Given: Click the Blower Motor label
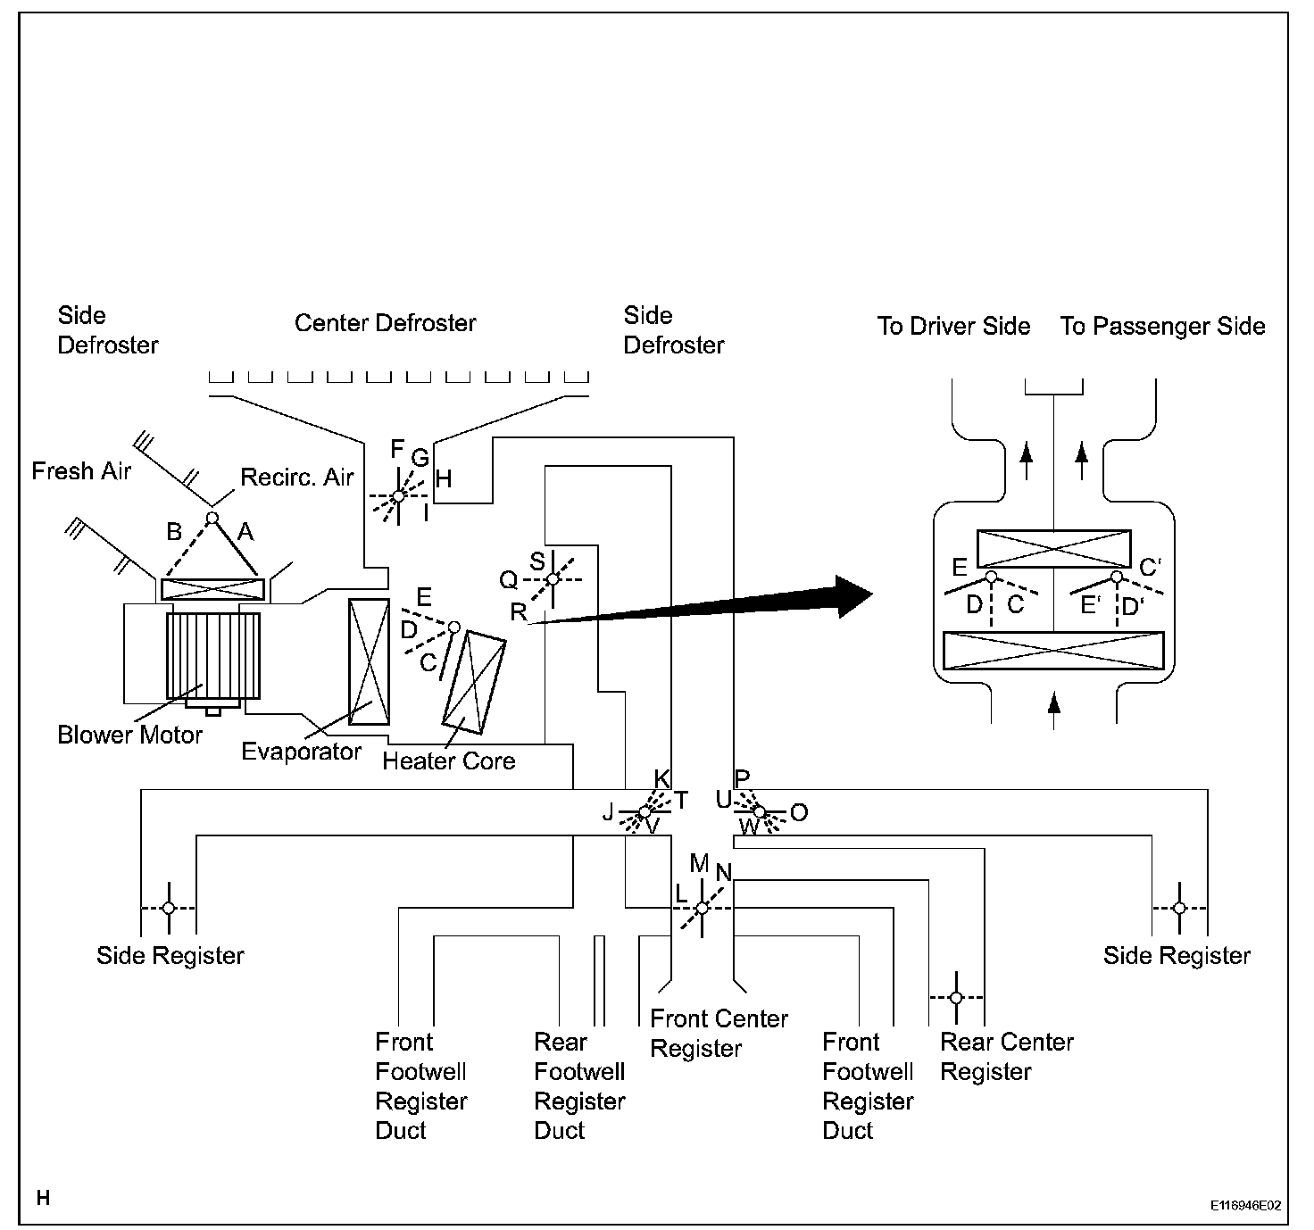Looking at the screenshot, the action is tap(129, 736).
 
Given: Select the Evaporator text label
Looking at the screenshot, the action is tap(301, 752).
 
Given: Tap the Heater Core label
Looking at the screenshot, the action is tap(449, 760).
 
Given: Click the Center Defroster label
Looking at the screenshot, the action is tap(385, 323).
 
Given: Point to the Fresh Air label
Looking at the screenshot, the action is tap(81, 471).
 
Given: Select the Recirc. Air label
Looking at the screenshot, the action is tap(297, 477).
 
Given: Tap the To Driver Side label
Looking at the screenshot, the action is tap(953, 326).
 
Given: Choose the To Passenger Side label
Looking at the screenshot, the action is tap(1162, 326).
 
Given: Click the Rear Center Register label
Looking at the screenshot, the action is tap(1006, 1057).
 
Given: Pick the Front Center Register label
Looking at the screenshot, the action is tap(719, 1034).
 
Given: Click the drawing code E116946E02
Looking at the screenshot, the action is tap(1246, 1205).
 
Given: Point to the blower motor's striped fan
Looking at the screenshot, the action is tap(213, 656).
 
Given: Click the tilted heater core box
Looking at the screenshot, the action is tap(474, 682).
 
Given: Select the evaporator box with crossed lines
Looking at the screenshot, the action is tap(370, 662).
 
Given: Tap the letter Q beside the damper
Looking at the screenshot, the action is tap(508, 580).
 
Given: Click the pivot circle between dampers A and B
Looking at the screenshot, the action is tap(212, 518).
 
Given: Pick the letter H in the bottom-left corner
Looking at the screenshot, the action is tap(44, 1198).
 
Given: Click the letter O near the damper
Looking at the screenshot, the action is tap(799, 812).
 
